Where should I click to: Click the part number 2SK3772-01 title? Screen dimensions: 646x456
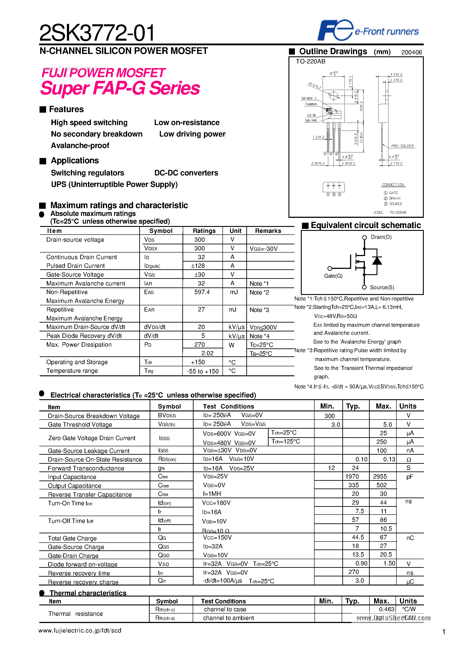coord(97,33)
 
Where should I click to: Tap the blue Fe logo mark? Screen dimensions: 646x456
coord(335,30)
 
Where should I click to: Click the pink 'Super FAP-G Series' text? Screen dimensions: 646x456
coord(120,88)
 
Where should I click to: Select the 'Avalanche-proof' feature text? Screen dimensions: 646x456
coord(80,145)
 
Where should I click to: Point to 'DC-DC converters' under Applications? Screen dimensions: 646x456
coord(186,173)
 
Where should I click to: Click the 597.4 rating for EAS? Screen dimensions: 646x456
coord(202,292)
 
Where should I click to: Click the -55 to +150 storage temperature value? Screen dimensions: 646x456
coord(202,371)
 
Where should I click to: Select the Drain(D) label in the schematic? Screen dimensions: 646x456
coord(381,237)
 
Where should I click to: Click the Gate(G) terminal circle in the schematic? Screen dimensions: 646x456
coord(330,268)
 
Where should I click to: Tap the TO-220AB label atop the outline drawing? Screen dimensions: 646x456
coord(310,61)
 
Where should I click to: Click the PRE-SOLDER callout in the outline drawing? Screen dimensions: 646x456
coord(402,146)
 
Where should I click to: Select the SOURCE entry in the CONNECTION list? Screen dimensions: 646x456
coord(395,204)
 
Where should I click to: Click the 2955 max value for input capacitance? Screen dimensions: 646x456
coord(380,476)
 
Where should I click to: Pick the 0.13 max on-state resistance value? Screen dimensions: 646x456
coord(389,459)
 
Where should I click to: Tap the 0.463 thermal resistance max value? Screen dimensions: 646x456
coord(386,609)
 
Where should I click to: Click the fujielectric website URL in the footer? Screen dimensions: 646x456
coord(80,631)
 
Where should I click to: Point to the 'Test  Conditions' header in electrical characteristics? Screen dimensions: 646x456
coord(228,406)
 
